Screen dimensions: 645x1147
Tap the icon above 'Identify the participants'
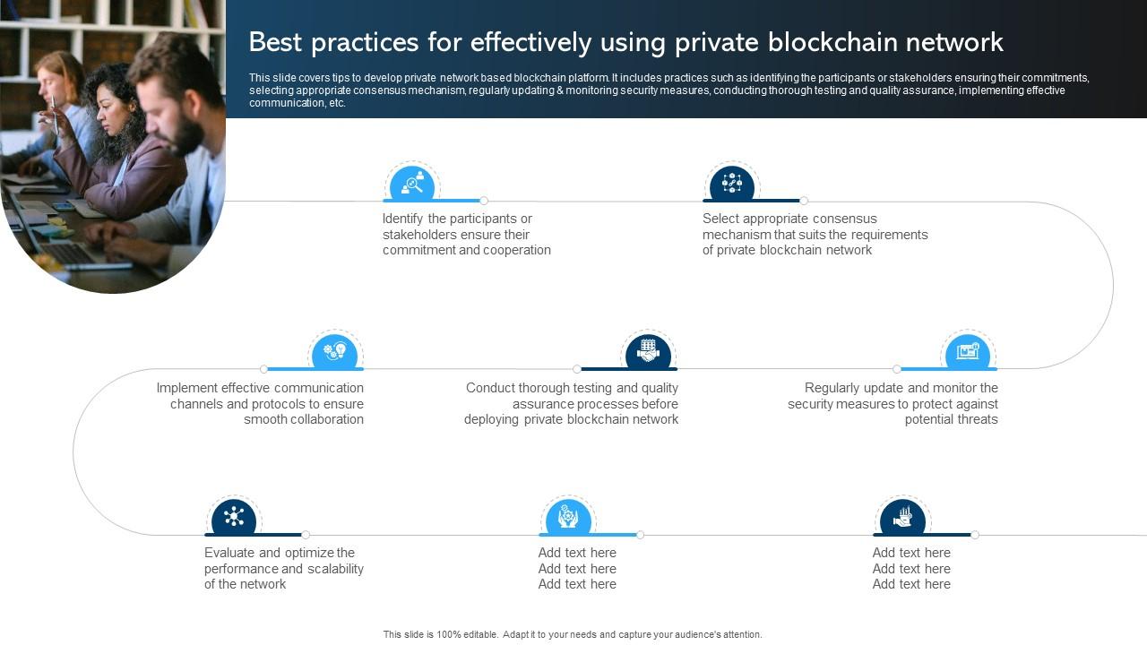click(412, 185)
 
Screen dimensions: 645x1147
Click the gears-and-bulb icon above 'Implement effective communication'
click(334, 352)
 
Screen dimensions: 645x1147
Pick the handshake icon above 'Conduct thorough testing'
click(647, 352)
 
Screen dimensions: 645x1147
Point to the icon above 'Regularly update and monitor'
click(968, 352)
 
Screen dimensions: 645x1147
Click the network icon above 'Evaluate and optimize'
click(234, 518)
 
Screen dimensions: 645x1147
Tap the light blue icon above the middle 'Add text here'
click(568, 518)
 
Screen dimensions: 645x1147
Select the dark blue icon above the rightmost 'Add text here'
click(902, 518)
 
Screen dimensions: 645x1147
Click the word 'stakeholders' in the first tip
click(419, 235)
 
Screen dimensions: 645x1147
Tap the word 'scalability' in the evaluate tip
click(334, 569)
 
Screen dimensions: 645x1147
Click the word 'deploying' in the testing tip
click(492, 419)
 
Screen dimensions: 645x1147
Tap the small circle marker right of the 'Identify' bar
click(484, 201)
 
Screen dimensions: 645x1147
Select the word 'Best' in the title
click(275, 42)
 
